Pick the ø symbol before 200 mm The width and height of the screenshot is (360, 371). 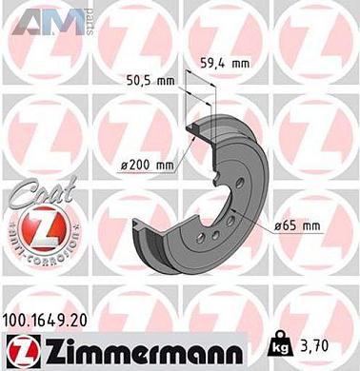point(125,166)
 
